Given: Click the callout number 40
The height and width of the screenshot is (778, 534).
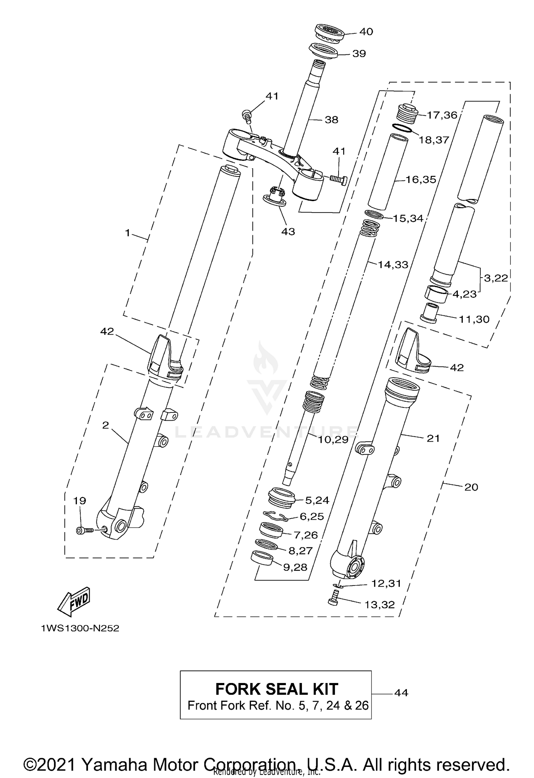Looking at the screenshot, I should pos(366,32).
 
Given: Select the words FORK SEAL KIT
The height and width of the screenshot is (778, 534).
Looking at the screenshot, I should pos(276,689).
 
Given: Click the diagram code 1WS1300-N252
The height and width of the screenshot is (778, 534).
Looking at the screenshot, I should pos(80,638).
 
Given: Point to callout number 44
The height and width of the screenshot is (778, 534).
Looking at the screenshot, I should pos(401,693).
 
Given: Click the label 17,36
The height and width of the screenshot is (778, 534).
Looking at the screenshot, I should pos(442,115).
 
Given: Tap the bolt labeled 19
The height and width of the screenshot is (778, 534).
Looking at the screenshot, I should pos(84,530).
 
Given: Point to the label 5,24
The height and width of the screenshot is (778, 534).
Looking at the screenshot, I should pos(317,500).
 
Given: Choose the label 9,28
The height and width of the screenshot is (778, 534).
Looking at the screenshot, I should pos(295,567).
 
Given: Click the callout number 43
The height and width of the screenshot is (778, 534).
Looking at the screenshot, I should pos(288,231).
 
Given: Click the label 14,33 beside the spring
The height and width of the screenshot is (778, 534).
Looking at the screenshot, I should pos(393,264).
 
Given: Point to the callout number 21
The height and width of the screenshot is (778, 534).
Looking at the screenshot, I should pos(433,438).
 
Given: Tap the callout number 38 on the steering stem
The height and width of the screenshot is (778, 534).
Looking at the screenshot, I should pos(331,120).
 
